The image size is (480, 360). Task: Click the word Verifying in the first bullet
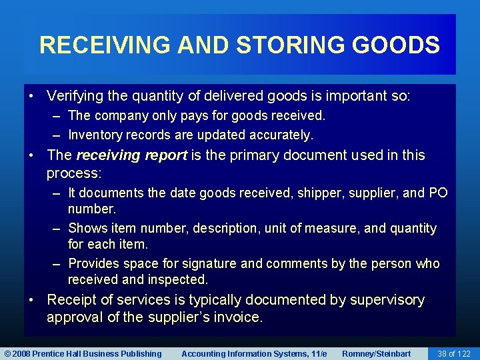[75, 96]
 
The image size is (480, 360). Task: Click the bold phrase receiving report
[132, 155]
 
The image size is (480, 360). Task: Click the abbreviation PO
[438, 193]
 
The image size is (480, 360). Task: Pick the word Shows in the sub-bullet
[87, 228]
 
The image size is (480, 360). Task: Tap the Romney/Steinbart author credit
[377, 353]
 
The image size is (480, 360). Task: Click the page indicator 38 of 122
[454, 353]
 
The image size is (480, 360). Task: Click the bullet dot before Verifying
[32, 96]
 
